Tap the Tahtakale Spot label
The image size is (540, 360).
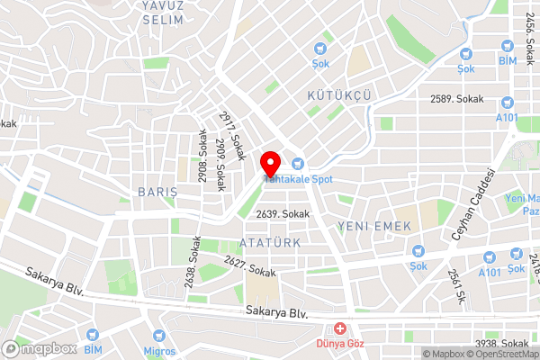coord(299,179)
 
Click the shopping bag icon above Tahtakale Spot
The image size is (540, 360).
coord(298,163)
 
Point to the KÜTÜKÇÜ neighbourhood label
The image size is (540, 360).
coord(339,94)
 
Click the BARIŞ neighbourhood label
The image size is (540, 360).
coord(157,193)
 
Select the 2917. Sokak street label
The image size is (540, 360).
coord(232,135)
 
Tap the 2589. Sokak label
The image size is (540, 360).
coord(457,98)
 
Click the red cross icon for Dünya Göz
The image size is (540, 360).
coord(340,329)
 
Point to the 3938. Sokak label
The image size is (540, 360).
coord(502,344)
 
